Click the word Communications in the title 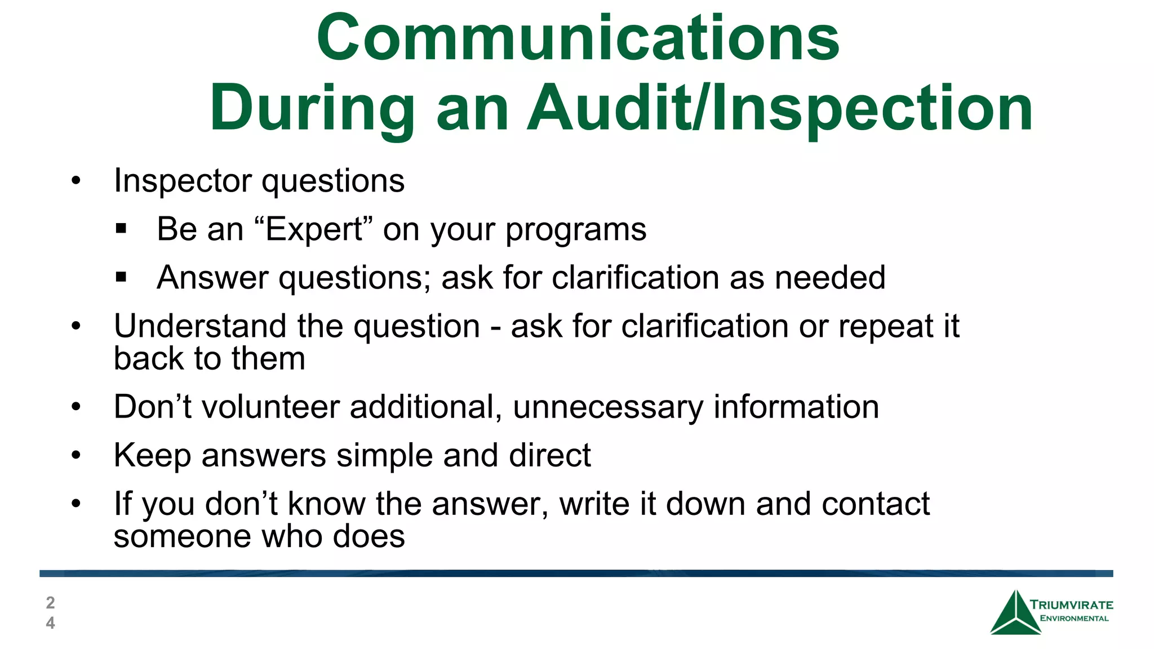[578, 38]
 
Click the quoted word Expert [314, 229]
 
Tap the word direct [549, 455]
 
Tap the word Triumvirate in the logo [1071, 605]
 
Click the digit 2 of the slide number [50, 603]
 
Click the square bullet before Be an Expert [121, 229]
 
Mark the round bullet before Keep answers [76, 455]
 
